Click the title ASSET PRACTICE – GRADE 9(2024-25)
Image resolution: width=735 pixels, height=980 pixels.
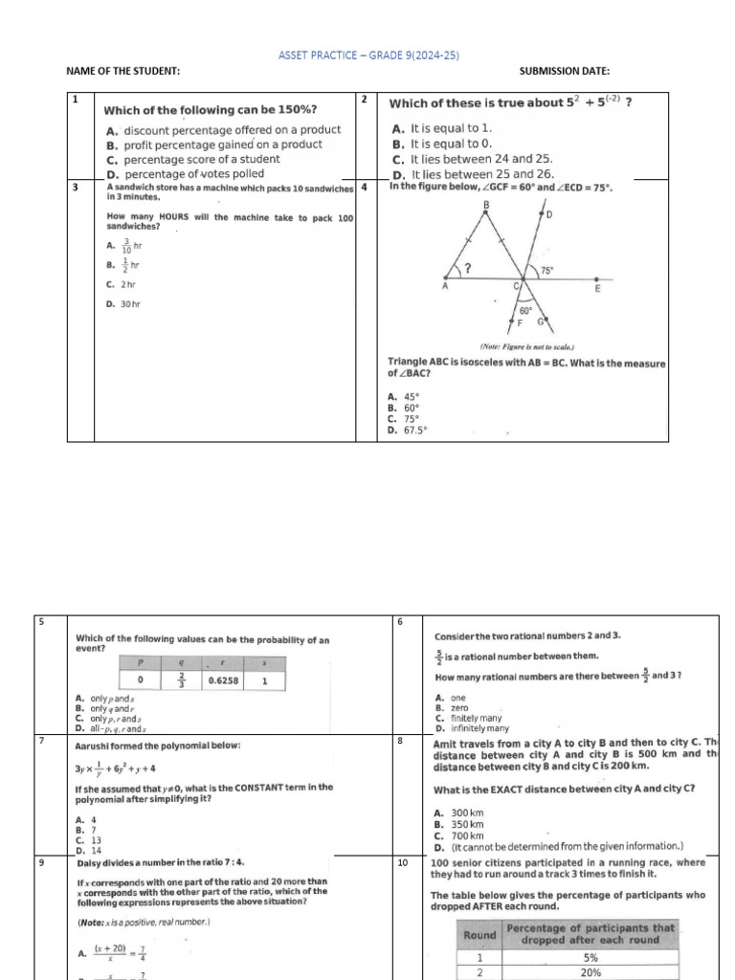point(367,56)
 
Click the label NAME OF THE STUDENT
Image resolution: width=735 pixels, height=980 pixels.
point(122,72)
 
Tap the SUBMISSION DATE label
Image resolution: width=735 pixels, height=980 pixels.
point(564,72)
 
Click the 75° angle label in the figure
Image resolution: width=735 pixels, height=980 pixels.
point(547,271)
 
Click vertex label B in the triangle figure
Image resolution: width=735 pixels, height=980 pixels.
point(486,205)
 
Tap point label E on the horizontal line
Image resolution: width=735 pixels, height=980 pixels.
point(598,288)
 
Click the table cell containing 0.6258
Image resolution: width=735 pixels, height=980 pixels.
point(223,681)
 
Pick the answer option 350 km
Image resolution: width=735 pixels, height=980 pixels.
point(459,824)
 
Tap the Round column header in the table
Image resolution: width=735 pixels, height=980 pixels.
point(479,934)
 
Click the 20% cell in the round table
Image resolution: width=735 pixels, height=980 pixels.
point(590,971)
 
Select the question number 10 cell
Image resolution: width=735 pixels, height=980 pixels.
point(404,862)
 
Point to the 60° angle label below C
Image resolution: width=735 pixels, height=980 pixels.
point(525,311)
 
